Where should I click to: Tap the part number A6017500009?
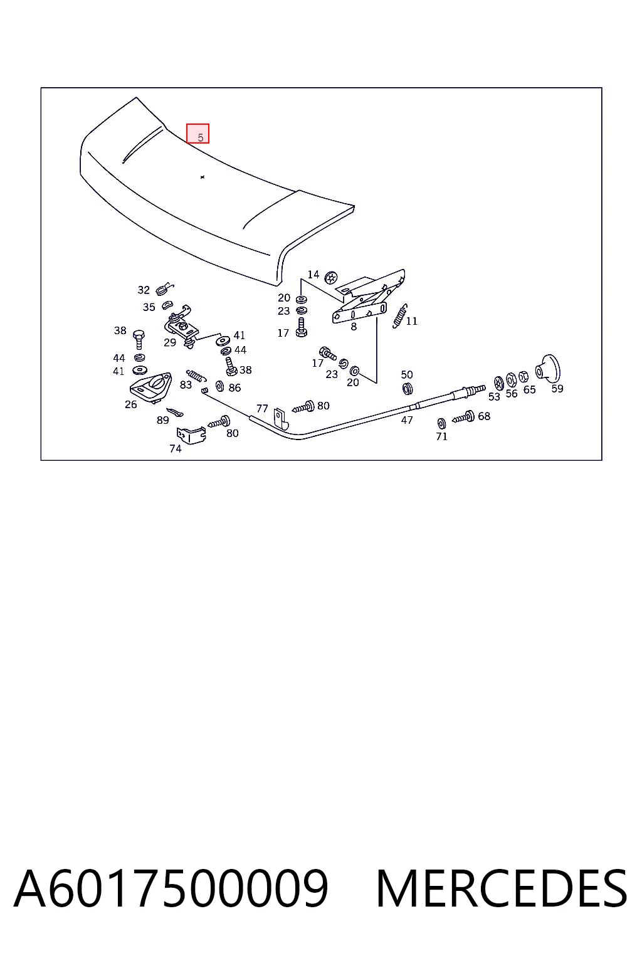click(171, 889)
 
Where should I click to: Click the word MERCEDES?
click(502, 889)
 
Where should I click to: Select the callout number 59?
click(557, 389)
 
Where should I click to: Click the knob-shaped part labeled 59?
click(548, 368)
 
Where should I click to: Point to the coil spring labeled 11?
click(400, 316)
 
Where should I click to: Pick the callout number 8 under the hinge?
click(354, 327)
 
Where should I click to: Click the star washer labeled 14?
click(330, 278)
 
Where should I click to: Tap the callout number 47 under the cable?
click(407, 420)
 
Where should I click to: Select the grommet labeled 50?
click(407, 388)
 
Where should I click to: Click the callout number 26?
click(131, 404)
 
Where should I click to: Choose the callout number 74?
click(176, 449)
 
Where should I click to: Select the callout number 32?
click(144, 290)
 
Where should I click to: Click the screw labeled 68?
click(463, 417)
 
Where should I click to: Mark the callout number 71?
click(441, 436)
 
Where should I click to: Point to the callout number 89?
click(162, 420)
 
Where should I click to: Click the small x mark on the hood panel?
click(203, 177)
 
